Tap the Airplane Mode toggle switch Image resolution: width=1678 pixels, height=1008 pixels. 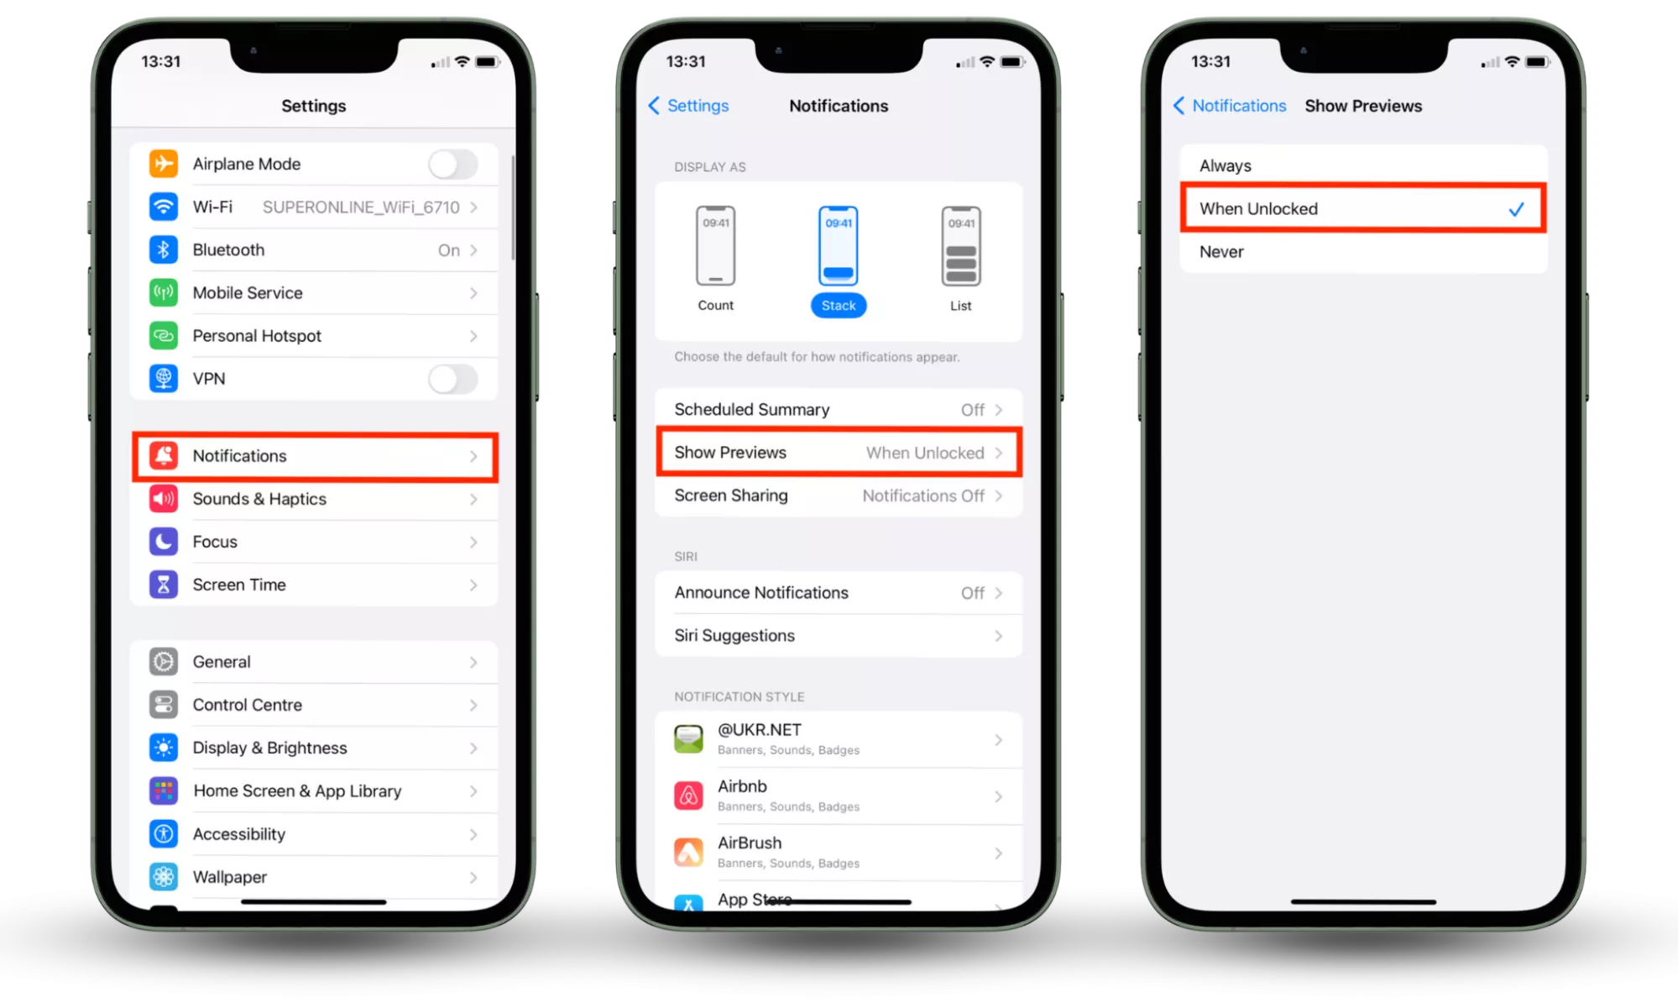pyautogui.click(x=453, y=164)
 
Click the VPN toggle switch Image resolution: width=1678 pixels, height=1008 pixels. pyautogui.click(x=453, y=379)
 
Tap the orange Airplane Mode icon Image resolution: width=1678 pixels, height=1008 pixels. pyautogui.click(x=164, y=164)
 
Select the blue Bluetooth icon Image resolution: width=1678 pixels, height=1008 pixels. pyautogui.click(x=164, y=249)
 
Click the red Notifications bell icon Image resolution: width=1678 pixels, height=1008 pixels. pyautogui.click(x=164, y=455)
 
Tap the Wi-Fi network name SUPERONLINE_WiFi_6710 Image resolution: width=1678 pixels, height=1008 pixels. pyautogui.click(x=361, y=207)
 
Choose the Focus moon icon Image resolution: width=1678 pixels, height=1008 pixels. pyautogui.click(x=164, y=542)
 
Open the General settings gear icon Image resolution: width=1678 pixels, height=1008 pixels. pyautogui.click(x=164, y=662)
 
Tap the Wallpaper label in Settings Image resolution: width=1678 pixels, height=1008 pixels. pyautogui.click(x=230, y=877)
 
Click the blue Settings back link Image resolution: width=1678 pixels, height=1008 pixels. pyautogui.click(x=689, y=106)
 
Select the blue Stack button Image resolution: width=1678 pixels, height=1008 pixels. pyautogui.click(x=839, y=306)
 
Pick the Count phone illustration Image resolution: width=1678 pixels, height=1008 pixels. pyautogui.click(x=715, y=246)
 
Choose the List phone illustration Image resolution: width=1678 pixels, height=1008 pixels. pyautogui.click(x=961, y=246)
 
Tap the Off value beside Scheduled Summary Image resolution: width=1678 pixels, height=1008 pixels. pyautogui.click(x=973, y=410)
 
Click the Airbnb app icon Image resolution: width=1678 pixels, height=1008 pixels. pyautogui.click(x=688, y=795)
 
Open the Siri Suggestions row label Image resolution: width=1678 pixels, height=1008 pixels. pyautogui.click(x=734, y=636)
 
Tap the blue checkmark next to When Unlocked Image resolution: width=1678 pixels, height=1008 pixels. pyautogui.click(x=1516, y=209)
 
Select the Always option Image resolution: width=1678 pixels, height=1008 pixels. pyautogui.click(x=1226, y=166)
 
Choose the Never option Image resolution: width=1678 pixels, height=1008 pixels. pyautogui.click(x=1221, y=252)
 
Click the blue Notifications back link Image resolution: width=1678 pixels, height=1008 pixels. pyautogui.click(x=1230, y=106)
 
